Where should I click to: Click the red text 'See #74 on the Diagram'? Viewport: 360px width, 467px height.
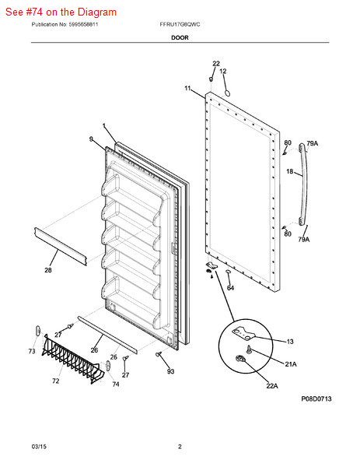61,12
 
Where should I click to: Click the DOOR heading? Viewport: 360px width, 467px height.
180,37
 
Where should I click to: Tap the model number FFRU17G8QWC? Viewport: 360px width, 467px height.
180,24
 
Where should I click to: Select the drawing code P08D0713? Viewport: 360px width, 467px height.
316,399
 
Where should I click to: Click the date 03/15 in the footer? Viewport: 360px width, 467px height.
39,447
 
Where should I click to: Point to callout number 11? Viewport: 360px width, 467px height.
187,88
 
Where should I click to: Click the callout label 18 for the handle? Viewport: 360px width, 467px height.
289,171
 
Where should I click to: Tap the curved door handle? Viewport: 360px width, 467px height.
302,184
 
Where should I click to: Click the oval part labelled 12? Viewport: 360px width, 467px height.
227,93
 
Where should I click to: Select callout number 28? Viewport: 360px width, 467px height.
48,270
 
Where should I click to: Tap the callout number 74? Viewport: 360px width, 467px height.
116,384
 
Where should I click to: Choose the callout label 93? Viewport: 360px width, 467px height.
170,371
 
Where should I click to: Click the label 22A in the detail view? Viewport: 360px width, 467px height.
272,386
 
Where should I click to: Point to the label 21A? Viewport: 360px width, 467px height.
291,364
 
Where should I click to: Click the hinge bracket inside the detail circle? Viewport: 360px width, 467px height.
243,333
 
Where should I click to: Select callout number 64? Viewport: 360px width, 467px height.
231,288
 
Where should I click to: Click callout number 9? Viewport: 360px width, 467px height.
91,139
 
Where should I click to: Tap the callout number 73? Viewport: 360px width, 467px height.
32,351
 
